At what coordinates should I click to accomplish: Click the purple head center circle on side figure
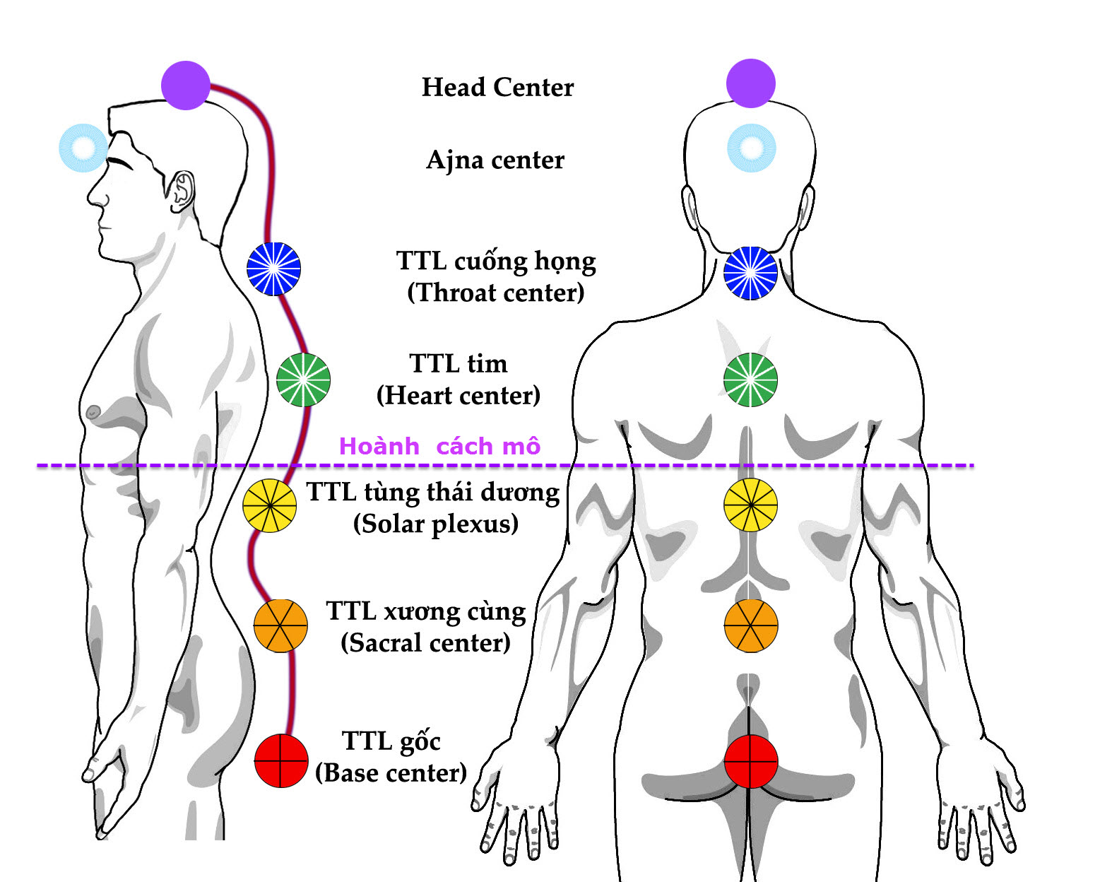tap(186, 86)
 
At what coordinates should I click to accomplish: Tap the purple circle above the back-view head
tap(750, 83)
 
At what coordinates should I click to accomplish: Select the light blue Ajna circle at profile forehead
tap(83, 148)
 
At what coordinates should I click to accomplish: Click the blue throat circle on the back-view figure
tap(750, 273)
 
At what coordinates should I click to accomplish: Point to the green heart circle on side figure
tap(303, 380)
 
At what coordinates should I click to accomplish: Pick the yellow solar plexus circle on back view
tap(750, 505)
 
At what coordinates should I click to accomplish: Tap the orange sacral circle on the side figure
tap(280, 625)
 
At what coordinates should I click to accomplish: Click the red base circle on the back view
tap(750, 761)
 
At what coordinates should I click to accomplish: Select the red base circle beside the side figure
tap(280, 760)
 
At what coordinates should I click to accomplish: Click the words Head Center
tap(497, 87)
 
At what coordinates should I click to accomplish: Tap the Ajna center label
tap(495, 160)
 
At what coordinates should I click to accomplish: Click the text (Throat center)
tap(496, 293)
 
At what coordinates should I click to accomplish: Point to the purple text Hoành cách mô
tap(439, 446)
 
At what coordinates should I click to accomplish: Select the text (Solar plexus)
tap(436, 524)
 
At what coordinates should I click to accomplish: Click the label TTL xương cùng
tap(425, 611)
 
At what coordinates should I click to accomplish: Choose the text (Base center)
tap(391, 772)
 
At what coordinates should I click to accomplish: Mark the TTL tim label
tap(459, 363)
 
